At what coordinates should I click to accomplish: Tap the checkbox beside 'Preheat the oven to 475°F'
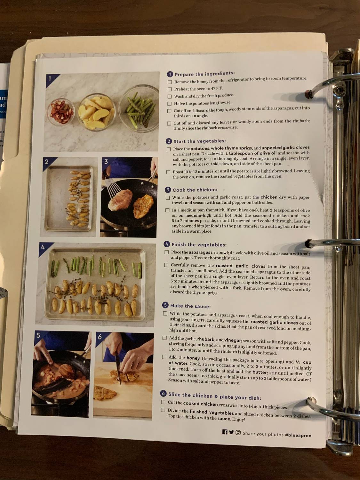tap(170, 89)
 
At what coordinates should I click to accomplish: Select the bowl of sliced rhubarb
tap(62, 112)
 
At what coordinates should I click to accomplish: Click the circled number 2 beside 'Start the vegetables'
tap(169, 141)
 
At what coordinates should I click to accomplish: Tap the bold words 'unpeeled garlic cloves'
tap(285, 148)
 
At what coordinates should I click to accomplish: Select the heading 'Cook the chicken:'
tap(195, 190)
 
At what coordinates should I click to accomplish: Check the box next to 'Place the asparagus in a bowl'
tap(166, 252)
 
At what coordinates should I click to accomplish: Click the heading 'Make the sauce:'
tap(190, 306)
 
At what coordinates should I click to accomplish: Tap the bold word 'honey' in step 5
tap(193, 358)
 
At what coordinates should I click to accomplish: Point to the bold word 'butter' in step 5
tap(260, 372)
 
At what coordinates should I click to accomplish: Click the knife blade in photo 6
tap(118, 368)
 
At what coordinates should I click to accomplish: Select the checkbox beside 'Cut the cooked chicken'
tap(163, 402)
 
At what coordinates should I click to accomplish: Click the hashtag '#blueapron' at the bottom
tap(298, 435)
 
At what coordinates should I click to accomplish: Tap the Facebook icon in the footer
tap(225, 432)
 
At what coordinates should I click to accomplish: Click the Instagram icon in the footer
tap(238, 433)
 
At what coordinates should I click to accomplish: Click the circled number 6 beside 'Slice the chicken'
tap(164, 394)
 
